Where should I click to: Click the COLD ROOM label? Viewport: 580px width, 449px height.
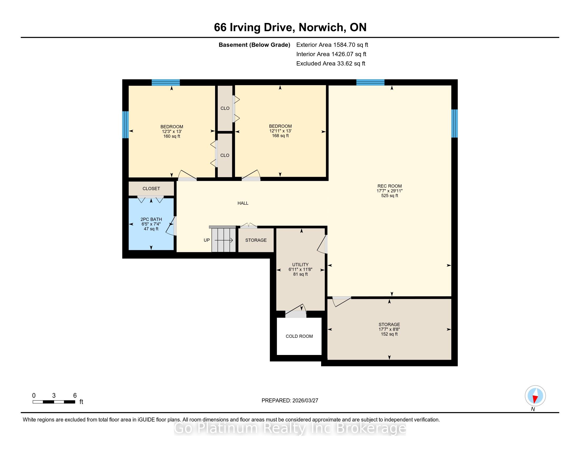point(299,336)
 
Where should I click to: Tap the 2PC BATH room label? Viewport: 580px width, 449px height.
point(151,219)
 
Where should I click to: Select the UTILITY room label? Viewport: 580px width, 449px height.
point(300,264)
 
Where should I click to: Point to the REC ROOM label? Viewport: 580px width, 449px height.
point(390,186)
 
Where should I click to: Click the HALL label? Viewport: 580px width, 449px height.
point(243,203)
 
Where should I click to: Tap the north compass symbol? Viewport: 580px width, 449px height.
point(535,396)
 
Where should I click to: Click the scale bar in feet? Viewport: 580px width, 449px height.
point(54,402)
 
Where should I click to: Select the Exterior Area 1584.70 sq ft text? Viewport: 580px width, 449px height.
point(332,45)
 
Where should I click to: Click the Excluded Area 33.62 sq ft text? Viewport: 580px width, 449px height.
point(331,63)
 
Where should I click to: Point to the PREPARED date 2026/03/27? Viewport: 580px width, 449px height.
point(290,400)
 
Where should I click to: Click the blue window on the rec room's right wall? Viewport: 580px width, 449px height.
point(455,123)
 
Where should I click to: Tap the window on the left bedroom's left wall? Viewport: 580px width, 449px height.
point(125,125)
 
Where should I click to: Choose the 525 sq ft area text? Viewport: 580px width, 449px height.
point(390,195)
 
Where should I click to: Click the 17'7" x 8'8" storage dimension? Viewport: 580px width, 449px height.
point(389,329)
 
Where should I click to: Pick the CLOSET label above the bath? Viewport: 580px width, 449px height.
point(151,189)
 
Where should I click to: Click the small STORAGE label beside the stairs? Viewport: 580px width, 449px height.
point(256,240)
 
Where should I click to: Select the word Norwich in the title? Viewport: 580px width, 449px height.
point(321,27)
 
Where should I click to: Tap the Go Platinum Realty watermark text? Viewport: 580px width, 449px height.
point(290,428)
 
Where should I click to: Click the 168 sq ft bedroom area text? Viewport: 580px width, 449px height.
point(280,136)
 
